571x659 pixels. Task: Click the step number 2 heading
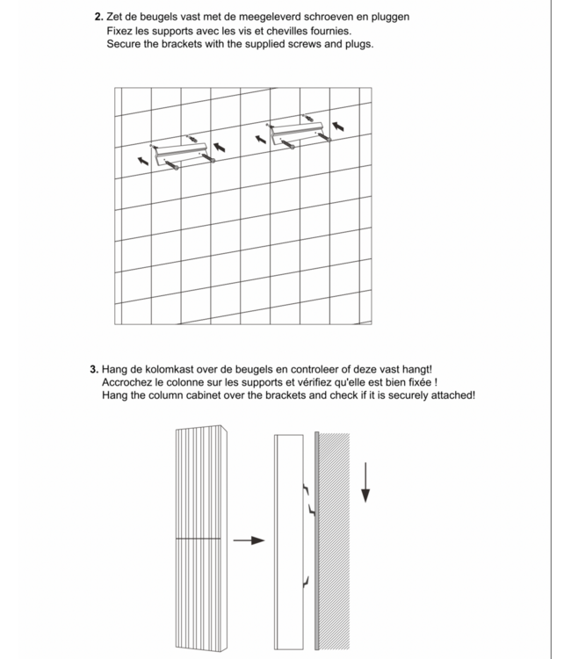pyautogui.click(x=98, y=17)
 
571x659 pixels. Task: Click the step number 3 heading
pyautogui.click(x=94, y=370)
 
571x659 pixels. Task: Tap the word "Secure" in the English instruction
pyautogui.click(x=126, y=43)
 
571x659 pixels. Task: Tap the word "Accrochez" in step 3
pyautogui.click(x=128, y=383)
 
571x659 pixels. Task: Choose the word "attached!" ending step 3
pyautogui.click(x=451, y=396)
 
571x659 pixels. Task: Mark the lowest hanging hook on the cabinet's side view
pyautogui.click(x=305, y=579)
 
